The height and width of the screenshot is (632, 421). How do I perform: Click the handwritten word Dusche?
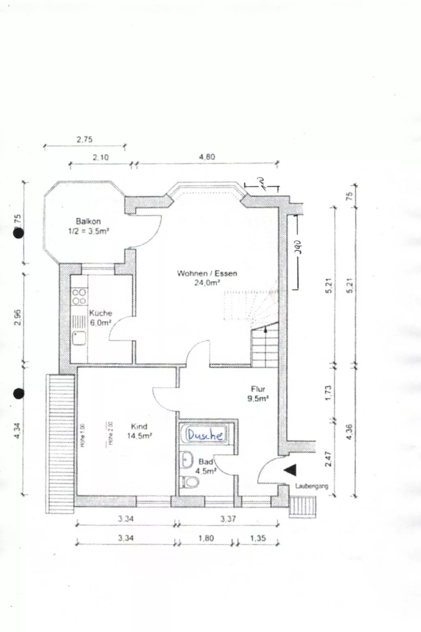pyautogui.click(x=205, y=434)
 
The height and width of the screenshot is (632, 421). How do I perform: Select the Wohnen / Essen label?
pyautogui.click(x=207, y=273)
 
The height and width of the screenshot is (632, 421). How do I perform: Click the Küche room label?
pyautogui.click(x=101, y=313)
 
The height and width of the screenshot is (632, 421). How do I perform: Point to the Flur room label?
pyautogui.click(x=258, y=389)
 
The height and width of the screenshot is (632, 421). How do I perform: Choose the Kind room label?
pyautogui.click(x=139, y=426)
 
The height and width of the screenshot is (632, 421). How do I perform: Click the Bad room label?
pyautogui.click(x=206, y=462)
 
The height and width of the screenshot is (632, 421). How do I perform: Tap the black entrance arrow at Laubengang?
pyautogui.click(x=289, y=469)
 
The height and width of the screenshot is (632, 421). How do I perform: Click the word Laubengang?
pyautogui.click(x=312, y=486)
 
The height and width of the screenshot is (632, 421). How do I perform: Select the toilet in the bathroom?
pyautogui.click(x=190, y=481)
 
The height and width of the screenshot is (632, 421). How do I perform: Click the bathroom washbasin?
pyautogui.click(x=187, y=459)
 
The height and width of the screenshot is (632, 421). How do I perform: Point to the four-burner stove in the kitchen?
pyautogui.click(x=79, y=297)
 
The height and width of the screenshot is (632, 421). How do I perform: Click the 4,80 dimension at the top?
pyautogui.click(x=207, y=157)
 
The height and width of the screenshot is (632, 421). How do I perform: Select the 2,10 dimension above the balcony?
pyautogui.click(x=101, y=157)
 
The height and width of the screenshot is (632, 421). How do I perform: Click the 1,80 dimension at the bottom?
pyautogui.click(x=206, y=538)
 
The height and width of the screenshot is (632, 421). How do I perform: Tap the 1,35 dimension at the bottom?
pyautogui.click(x=258, y=538)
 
